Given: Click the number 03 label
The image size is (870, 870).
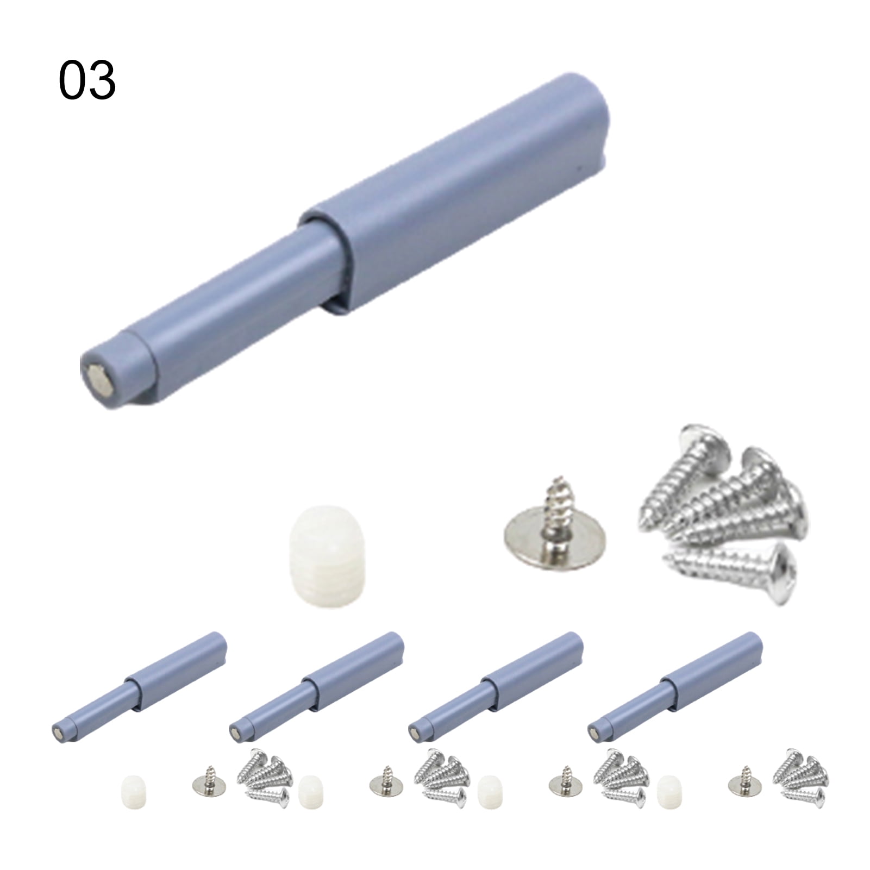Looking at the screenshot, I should click(87, 81).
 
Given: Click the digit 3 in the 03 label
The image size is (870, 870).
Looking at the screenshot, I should click(102, 81).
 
